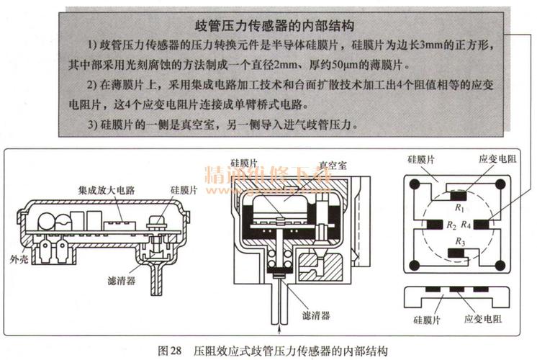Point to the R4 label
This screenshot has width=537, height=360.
tap(466, 225)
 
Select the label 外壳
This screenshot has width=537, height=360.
tap(19, 257)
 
